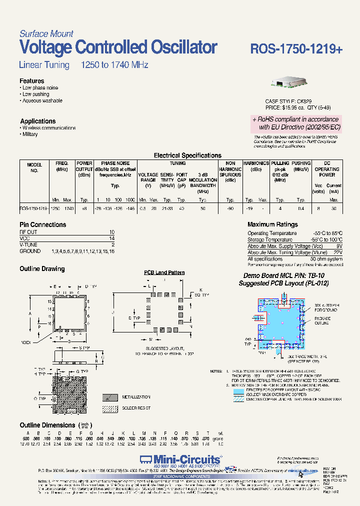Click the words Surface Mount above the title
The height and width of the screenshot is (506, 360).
[46, 34]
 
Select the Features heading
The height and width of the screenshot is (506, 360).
[32, 81]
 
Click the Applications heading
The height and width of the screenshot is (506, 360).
[38, 121]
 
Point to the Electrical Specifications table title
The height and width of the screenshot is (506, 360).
[187, 155]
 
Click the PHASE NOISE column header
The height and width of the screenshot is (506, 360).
[115, 163]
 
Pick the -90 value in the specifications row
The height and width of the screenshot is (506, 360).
[230, 207]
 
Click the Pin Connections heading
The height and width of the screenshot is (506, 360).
[43, 225]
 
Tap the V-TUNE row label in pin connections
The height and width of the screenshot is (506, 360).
[28, 245]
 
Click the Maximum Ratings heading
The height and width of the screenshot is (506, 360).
[272, 225]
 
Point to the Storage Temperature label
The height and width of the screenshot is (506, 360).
[270, 240]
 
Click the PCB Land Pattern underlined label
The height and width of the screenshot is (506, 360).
[164, 272]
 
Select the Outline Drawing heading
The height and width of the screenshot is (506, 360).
[42, 269]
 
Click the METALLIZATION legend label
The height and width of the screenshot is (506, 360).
[136, 397]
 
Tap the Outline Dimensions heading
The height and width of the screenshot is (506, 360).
[47, 425]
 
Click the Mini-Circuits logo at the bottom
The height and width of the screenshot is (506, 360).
[180, 459]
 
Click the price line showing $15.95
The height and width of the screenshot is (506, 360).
[298, 107]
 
